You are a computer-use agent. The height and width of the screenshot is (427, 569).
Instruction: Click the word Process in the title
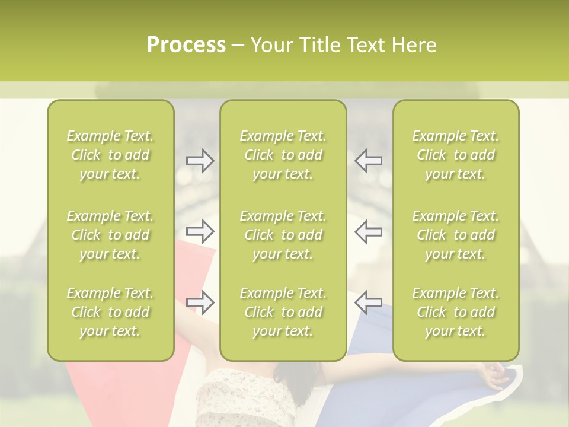click(x=186, y=45)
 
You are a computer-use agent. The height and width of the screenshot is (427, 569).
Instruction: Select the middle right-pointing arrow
click(x=200, y=231)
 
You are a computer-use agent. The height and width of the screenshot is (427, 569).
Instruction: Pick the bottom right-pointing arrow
click(x=200, y=302)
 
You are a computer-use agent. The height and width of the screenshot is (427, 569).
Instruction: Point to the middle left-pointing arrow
click(x=368, y=231)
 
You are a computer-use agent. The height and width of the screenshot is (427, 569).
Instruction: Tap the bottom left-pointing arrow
click(x=368, y=302)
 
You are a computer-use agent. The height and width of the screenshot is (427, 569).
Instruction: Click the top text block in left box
click(x=110, y=155)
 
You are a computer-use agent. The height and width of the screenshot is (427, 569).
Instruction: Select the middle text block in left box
click(x=110, y=235)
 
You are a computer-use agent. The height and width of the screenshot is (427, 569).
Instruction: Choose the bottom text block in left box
click(x=110, y=312)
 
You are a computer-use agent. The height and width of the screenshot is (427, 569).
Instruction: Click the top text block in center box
click(x=283, y=155)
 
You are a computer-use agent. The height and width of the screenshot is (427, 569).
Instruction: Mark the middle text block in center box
click(x=283, y=235)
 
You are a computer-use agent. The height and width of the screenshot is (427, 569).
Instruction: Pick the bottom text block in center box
click(x=283, y=312)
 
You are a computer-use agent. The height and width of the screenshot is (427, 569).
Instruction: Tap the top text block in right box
click(x=456, y=155)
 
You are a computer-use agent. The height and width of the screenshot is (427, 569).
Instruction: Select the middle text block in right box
click(x=456, y=235)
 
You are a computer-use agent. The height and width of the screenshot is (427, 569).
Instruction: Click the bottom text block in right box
click(x=456, y=312)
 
